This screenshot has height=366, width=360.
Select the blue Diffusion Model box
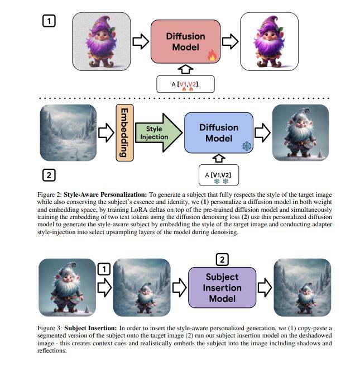pyautogui.click(x=218, y=132)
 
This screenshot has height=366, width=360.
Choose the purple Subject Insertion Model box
pyautogui.click(x=222, y=287)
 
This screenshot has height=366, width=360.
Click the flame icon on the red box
pyautogui.click(x=212, y=55)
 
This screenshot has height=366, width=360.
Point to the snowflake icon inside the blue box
pyautogui.click(x=245, y=146)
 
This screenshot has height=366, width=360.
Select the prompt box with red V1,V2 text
pyautogui.click(x=184, y=84)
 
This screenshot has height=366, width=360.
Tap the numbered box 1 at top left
pyautogui.click(x=49, y=22)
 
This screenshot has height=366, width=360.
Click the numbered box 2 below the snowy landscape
pyautogui.click(x=49, y=175)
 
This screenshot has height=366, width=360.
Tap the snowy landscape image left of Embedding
pyautogui.click(x=66, y=133)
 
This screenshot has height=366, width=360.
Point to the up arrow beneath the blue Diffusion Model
pyautogui.click(x=218, y=159)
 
